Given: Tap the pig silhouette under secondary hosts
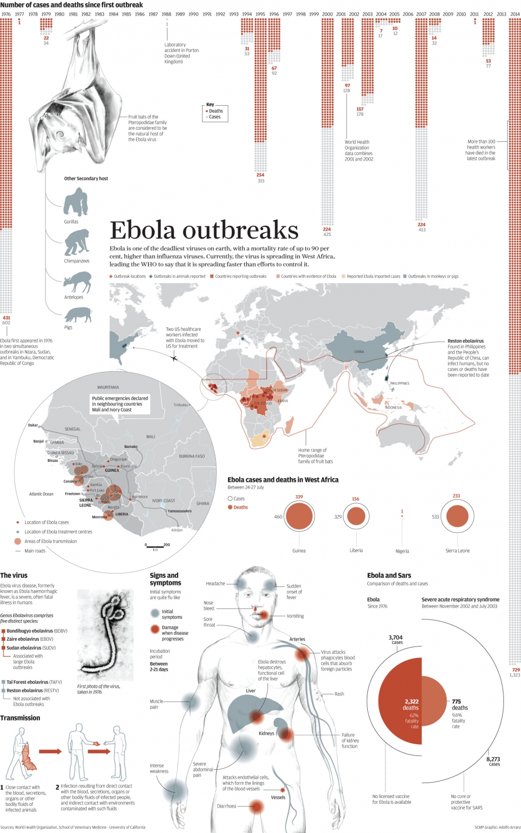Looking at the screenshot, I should tap(78, 315).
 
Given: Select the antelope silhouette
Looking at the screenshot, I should tap(77, 281).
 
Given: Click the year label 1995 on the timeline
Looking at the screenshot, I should tap(260, 14).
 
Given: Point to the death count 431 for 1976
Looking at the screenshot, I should tap(6, 318).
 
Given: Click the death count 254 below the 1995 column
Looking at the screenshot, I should tap(260, 175).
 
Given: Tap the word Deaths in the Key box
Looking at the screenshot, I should tap(216, 111).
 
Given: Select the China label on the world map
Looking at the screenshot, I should tap(359, 352).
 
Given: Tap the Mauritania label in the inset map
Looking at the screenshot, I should tap(108, 387).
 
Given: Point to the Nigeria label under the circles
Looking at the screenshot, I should tap(402, 551).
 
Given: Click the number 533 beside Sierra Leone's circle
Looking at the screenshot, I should tap(435, 516).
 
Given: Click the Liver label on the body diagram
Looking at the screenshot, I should tap(251, 691).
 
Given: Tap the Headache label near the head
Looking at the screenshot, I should tap(215, 583).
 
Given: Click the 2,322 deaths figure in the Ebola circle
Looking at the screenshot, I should tap(411, 704).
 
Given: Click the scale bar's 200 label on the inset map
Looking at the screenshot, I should tap(166, 545).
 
